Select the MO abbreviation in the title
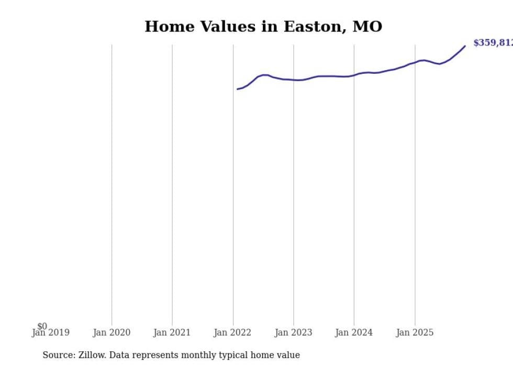pyautogui.click(x=369, y=27)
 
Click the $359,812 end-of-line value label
pyautogui.click(x=493, y=43)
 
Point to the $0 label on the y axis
pyautogui.click(x=42, y=326)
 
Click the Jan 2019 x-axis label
pyautogui.click(x=50, y=332)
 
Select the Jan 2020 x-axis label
pyautogui.click(x=111, y=332)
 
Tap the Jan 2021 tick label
pyautogui.click(x=172, y=332)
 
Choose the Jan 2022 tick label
pyautogui.click(x=232, y=332)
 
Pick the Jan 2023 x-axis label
pyautogui.click(x=293, y=332)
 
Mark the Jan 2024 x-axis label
pyautogui.click(x=354, y=332)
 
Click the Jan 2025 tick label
pyautogui.click(x=415, y=332)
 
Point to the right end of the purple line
pyautogui.click(x=465, y=46)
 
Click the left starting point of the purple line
pyautogui.click(x=237, y=89)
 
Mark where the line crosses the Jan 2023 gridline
pyautogui.click(x=294, y=80)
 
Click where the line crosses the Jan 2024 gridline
pyautogui.click(x=354, y=75)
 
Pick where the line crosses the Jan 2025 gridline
pyautogui.click(x=415, y=62)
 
